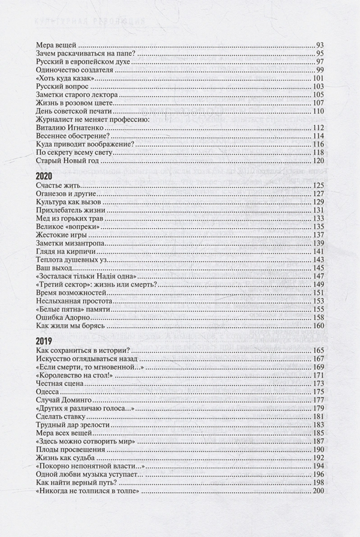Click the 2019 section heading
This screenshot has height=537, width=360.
point(45,341)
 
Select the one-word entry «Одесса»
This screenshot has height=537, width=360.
point(49,392)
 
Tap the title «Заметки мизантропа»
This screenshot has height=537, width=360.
point(72,244)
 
